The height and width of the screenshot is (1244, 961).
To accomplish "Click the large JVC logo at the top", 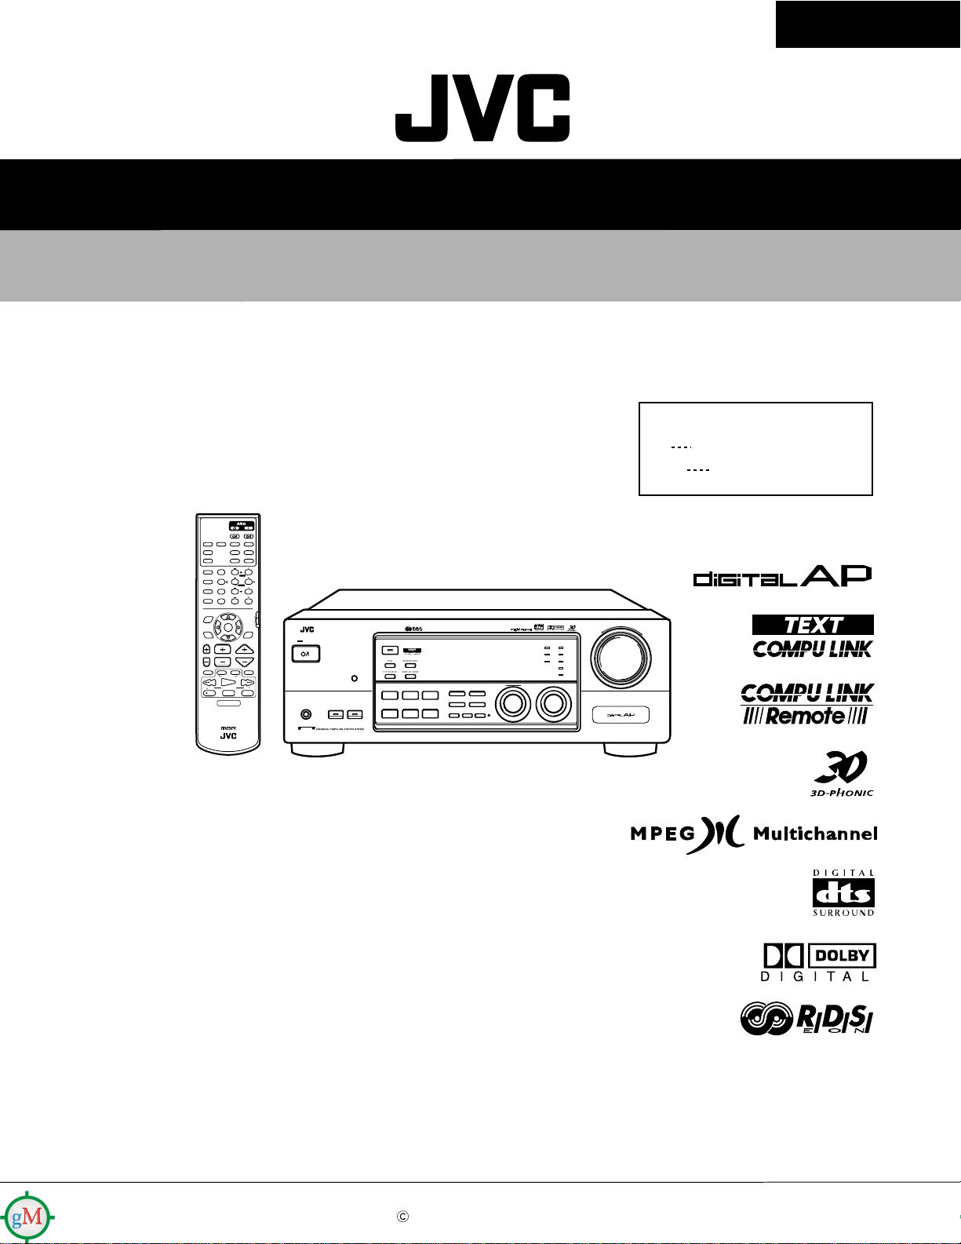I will [482, 108].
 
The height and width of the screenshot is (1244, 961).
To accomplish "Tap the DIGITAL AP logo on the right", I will [782, 576].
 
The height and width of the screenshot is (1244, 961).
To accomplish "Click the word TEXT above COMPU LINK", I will [813, 625].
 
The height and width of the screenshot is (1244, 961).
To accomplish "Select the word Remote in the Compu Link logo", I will [806, 716].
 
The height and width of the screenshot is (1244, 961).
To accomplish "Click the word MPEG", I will [663, 834].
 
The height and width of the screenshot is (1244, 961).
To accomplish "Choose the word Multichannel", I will [815, 834].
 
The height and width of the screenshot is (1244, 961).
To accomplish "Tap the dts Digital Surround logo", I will [843, 893].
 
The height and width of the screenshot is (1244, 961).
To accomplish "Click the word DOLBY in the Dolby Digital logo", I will [842, 956].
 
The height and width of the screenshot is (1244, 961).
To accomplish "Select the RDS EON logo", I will [806, 1020].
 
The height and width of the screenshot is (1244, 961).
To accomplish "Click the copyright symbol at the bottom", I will [402, 1217].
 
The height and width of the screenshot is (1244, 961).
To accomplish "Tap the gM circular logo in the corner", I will [27, 1217].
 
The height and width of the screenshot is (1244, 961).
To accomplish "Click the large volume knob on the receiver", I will [621, 656].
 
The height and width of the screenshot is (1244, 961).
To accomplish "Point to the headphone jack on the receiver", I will [305, 714].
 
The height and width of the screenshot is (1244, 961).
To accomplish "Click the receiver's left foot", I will [316, 750].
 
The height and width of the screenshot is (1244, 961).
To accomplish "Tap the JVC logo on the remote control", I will [228, 736].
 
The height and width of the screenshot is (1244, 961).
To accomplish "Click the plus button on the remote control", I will [223, 650].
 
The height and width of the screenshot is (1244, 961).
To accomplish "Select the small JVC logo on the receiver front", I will [307, 629].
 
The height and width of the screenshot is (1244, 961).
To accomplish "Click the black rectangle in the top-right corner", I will [868, 24].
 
